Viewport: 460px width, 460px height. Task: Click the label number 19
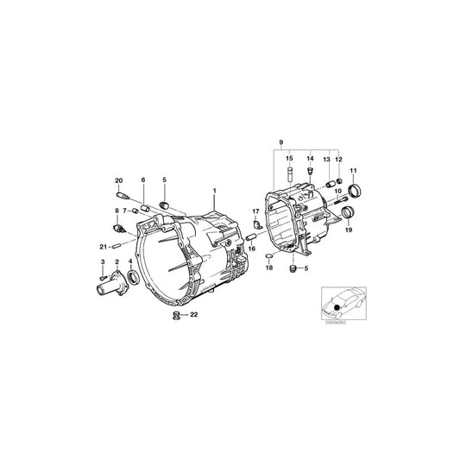click(x=348, y=231)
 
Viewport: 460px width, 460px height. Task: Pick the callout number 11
click(x=352, y=171)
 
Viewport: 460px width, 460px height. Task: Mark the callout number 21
click(x=102, y=247)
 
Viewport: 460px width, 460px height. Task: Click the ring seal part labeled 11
click(x=353, y=190)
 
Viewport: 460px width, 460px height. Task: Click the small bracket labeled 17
click(x=256, y=224)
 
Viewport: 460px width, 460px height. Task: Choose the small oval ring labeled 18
click(x=268, y=256)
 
